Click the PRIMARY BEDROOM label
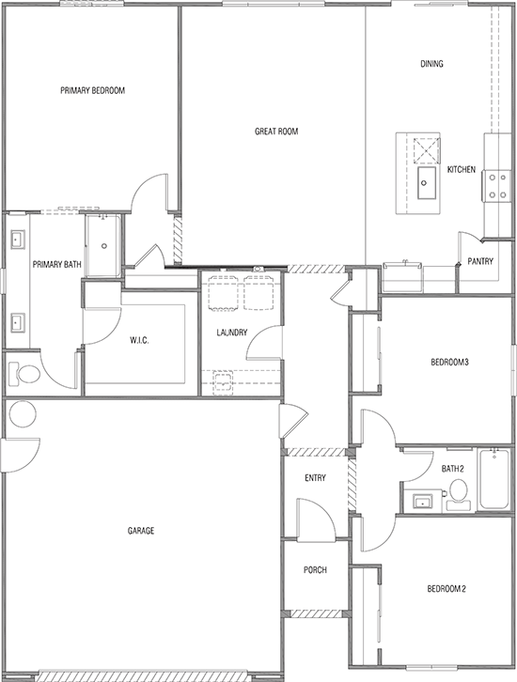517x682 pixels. click(x=93, y=91)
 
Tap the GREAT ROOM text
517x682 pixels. click(x=276, y=132)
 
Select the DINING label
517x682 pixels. click(x=431, y=65)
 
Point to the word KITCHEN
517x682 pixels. click(x=461, y=170)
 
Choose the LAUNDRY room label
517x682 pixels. click(x=231, y=333)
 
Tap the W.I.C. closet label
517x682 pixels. click(x=141, y=340)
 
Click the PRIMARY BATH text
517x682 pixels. click(x=53, y=264)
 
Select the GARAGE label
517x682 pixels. click(x=141, y=531)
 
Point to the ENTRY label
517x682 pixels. click(x=315, y=479)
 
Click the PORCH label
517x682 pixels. click(x=315, y=570)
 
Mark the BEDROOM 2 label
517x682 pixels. click(x=446, y=589)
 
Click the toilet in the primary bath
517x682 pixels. click(x=26, y=374)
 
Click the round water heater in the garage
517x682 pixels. click(x=21, y=413)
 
